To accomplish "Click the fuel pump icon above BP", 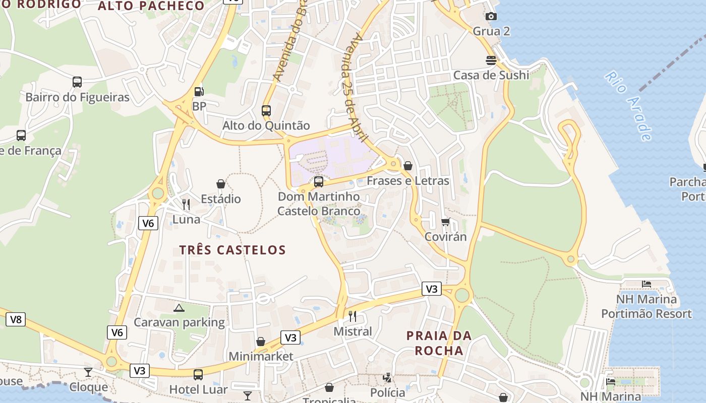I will [x=199, y=92].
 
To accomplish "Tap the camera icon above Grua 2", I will [x=491, y=17].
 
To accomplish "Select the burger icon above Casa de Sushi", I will [x=491, y=60].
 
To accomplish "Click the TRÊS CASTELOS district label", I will [x=232, y=250].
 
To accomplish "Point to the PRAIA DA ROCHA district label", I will [x=439, y=343].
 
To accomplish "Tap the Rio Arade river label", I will [x=628, y=106].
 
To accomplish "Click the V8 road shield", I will [x=16, y=319].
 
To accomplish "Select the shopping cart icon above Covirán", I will [x=445, y=222].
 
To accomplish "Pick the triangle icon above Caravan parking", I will [x=179, y=307].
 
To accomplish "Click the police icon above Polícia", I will [x=387, y=377].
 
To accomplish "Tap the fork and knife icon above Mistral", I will [x=352, y=316].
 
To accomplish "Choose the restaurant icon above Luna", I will [x=186, y=204].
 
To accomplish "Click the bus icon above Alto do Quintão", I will [x=266, y=110].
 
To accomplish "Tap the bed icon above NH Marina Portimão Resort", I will [x=646, y=284].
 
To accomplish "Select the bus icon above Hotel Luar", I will [x=198, y=375].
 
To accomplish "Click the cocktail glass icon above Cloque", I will [x=88, y=372].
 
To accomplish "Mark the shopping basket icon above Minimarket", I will [x=261, y=342].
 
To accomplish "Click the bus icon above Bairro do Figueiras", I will [x=77, y=82].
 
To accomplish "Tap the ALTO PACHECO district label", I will [x=151, y=6].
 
